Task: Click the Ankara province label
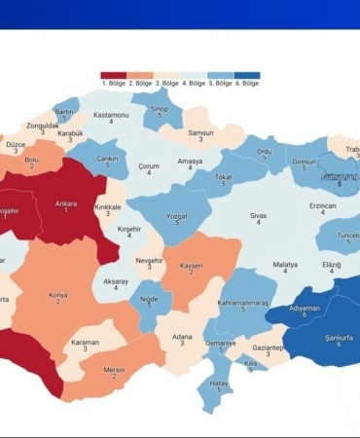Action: click(66, 203)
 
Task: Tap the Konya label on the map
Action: click(57, 295)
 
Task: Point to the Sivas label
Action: click(258, 215)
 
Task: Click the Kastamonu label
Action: click(111, 115)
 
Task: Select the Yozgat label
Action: click(177, 215)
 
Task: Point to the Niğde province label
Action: click(148, 299)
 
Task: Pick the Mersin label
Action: click(116, 368)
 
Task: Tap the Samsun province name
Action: click(200, 132)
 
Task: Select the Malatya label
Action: click(285, 265)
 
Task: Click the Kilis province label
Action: click(250, 362)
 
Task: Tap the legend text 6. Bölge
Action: click(249, 84)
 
